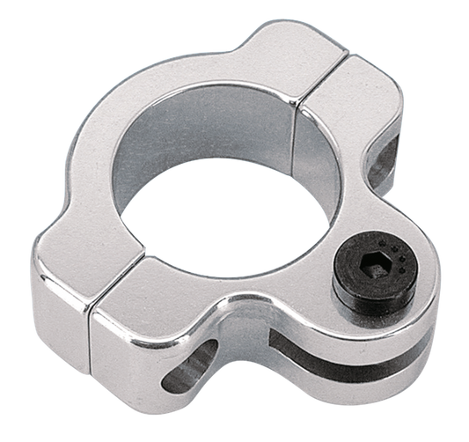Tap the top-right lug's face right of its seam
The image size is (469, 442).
coord(361,106)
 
